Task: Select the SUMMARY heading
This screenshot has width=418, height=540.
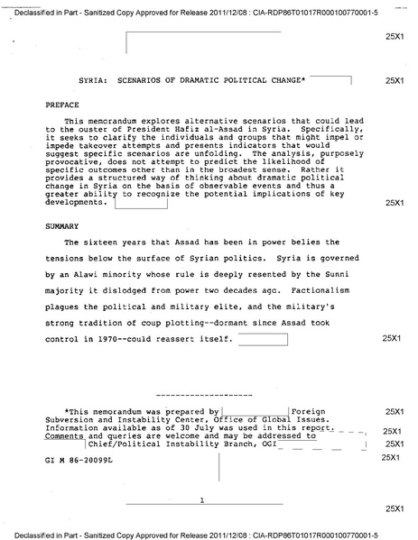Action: pyautogui.click(x=61, y=225)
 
